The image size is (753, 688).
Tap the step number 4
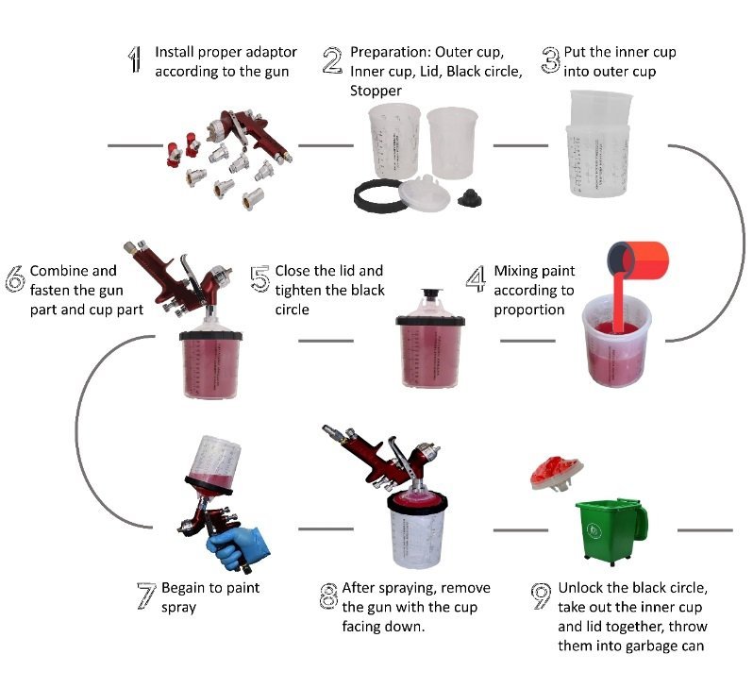pos(477,279)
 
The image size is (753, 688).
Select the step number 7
pos(146,596)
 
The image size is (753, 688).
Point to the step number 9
pos(541,596)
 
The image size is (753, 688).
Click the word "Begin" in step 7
pos(182,587)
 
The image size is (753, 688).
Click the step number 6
pos(15,279)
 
